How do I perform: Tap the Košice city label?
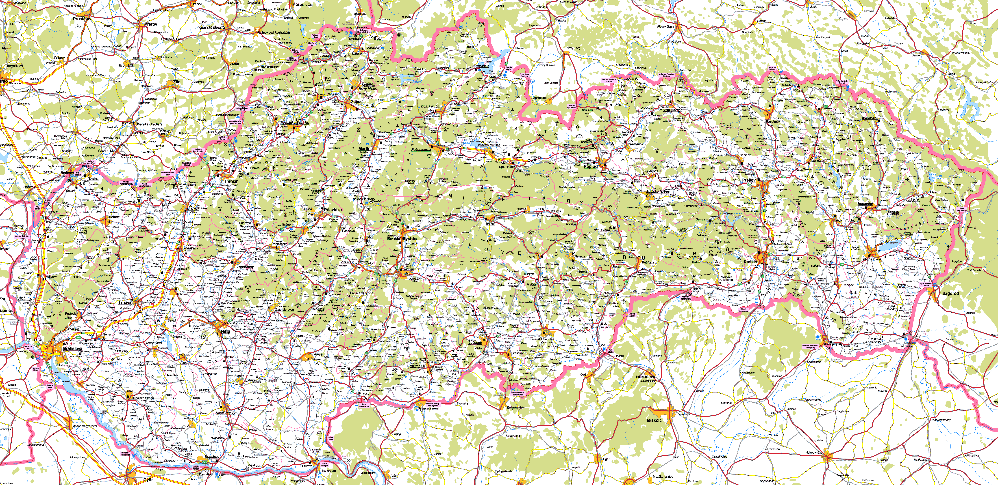(x=750, y=262)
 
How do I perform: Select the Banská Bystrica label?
(x=402, y=239)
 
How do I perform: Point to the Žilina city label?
(x=356, y=102)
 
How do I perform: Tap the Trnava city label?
(x=125, y=303)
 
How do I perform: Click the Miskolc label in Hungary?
(x=654, y=420)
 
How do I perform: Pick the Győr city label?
(x=148, y=480)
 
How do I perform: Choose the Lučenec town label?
(x=475, y=343)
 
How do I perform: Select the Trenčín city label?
(x=231, y=182)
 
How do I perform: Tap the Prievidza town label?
(x=333, y=210)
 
